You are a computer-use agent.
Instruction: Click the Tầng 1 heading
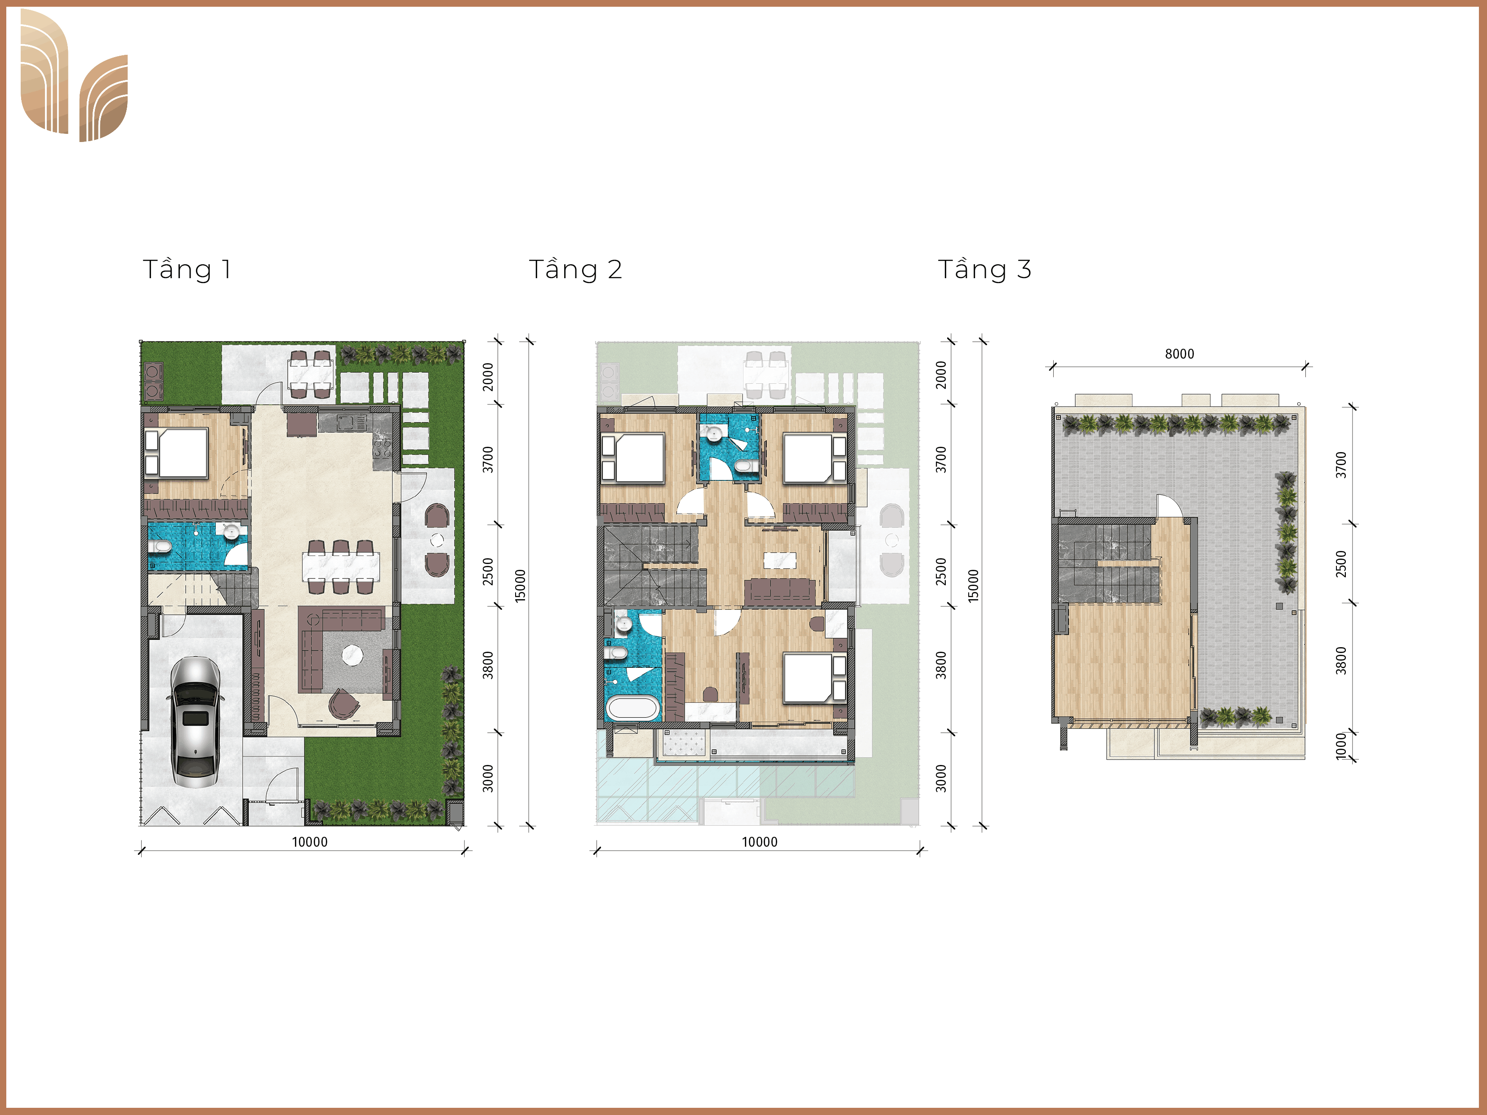[x=187, y=270]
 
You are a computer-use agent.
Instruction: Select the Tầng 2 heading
[x=575, y=270]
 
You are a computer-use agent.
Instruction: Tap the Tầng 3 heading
[x=984, y=270]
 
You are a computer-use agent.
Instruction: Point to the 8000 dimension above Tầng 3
[x=1179, y=354]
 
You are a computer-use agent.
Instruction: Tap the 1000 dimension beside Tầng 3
[x=1341, y=746]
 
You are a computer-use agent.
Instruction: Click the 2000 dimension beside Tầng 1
[x=488, y=376]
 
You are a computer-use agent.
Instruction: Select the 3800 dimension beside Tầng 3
[x=1341, y=661]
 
